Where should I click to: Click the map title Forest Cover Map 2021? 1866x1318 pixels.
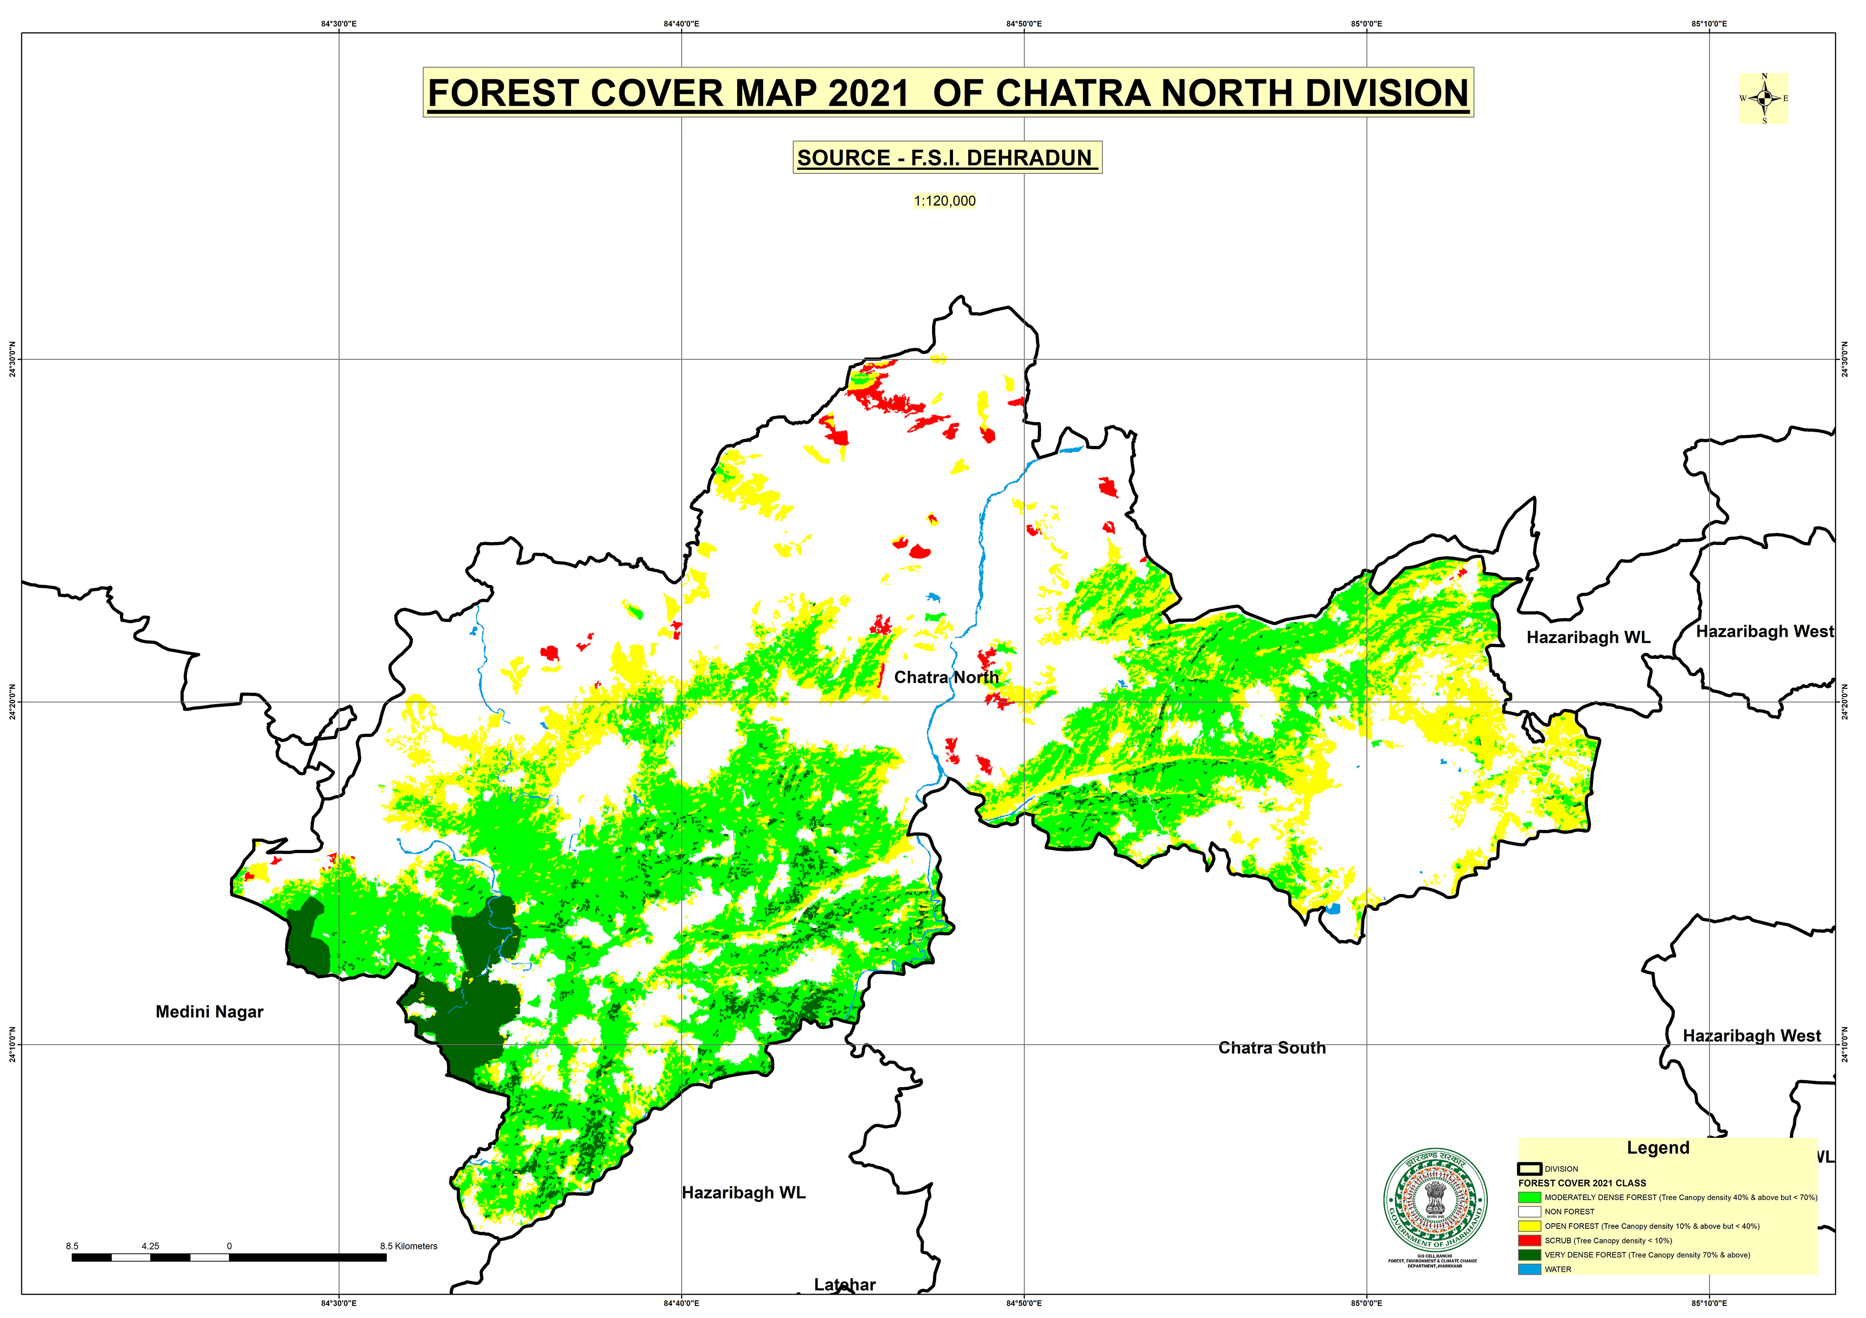coord(947,93)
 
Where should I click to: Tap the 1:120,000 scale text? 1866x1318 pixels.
coord(944,201)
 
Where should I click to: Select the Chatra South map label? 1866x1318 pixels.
coord(1272,1047)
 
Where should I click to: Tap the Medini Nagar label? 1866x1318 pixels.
coord(209,1011)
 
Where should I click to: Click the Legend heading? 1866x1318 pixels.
coord(1658,1147)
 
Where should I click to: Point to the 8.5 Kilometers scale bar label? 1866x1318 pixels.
coord(409,1246)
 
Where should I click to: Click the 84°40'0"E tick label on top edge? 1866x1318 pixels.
coord(681,24)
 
